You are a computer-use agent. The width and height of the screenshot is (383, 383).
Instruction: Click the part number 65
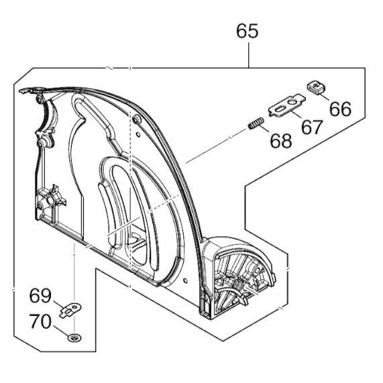(x=248, y=31)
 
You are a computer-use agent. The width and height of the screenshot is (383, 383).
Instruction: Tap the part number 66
(x=340, y=109)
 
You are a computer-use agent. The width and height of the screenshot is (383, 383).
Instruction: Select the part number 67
(x=312, y=127)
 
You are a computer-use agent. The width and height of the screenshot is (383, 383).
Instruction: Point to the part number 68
(x=281, y=141)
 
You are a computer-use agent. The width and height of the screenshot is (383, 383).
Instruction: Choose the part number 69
(x=40, y=296)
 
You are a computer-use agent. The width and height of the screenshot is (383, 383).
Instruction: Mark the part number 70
(x=40, y=321)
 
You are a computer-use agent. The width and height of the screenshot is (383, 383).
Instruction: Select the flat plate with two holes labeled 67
(x=287, y=105)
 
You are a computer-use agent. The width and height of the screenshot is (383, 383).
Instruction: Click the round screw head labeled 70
(x=74, y=338)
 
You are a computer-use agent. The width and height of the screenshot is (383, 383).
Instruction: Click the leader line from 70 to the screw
(x=60, y=331)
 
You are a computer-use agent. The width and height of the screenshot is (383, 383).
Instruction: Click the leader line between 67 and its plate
(x=296, y=115)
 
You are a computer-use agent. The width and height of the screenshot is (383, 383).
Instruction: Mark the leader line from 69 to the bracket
(x=58, y=305)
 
